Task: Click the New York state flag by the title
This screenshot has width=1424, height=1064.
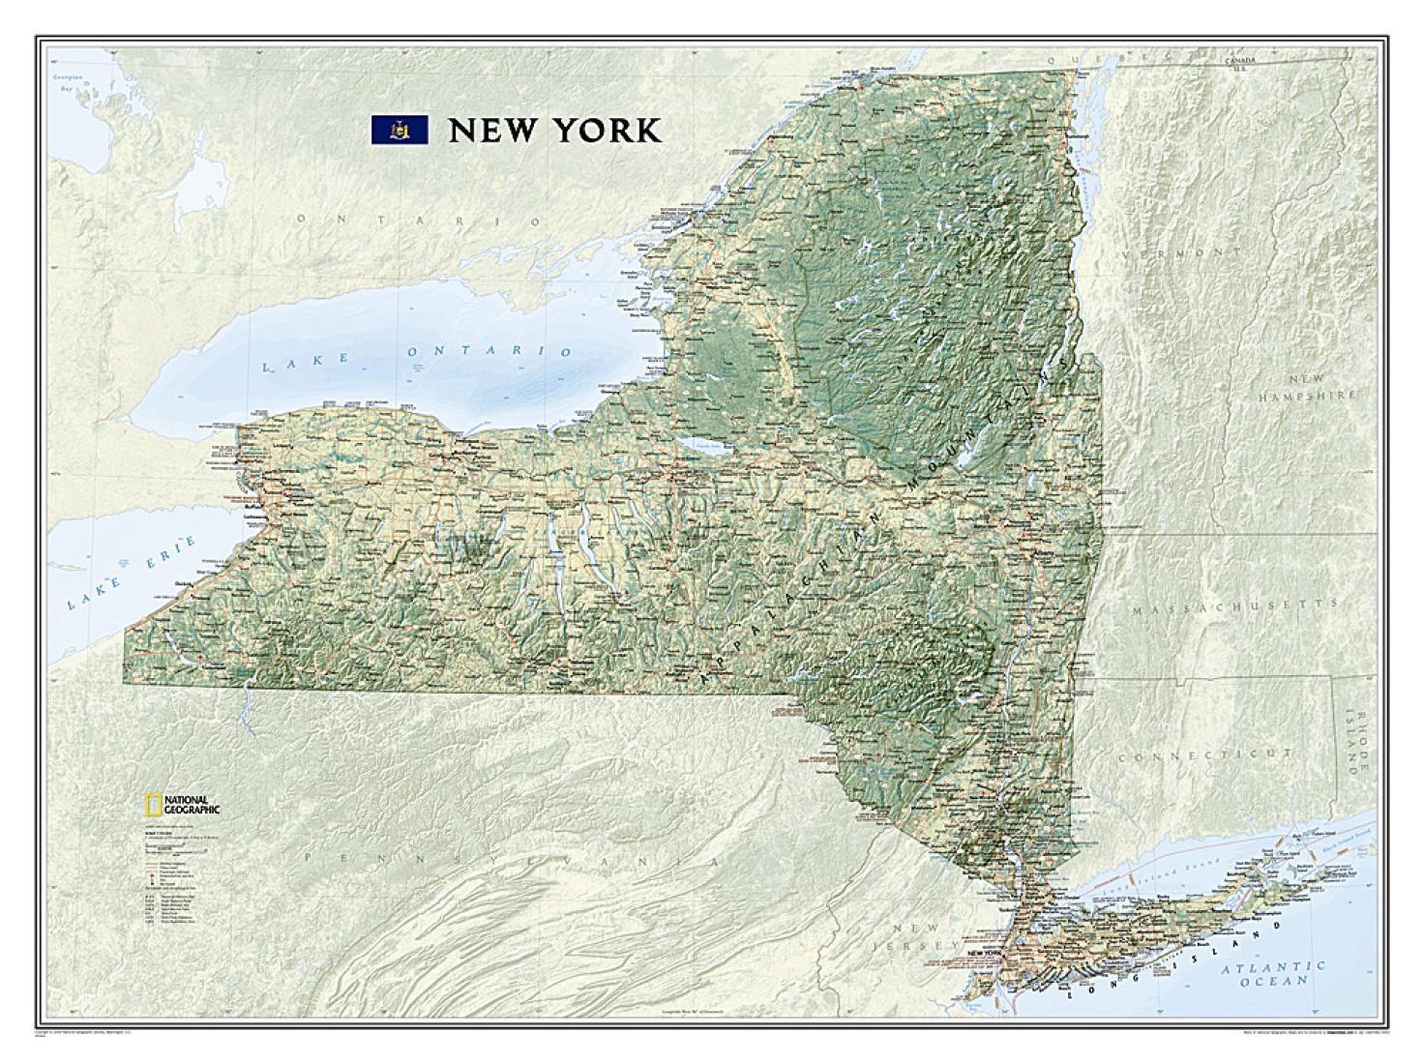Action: click(x=400, y=130)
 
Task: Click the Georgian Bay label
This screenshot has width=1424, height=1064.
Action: click(x=67, y=82)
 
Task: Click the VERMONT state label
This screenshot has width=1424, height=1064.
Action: click(x=1181, y=252)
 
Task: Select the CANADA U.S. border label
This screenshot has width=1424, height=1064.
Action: click(x=1237, y=64)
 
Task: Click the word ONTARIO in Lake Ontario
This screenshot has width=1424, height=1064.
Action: click(x=489, y=351)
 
